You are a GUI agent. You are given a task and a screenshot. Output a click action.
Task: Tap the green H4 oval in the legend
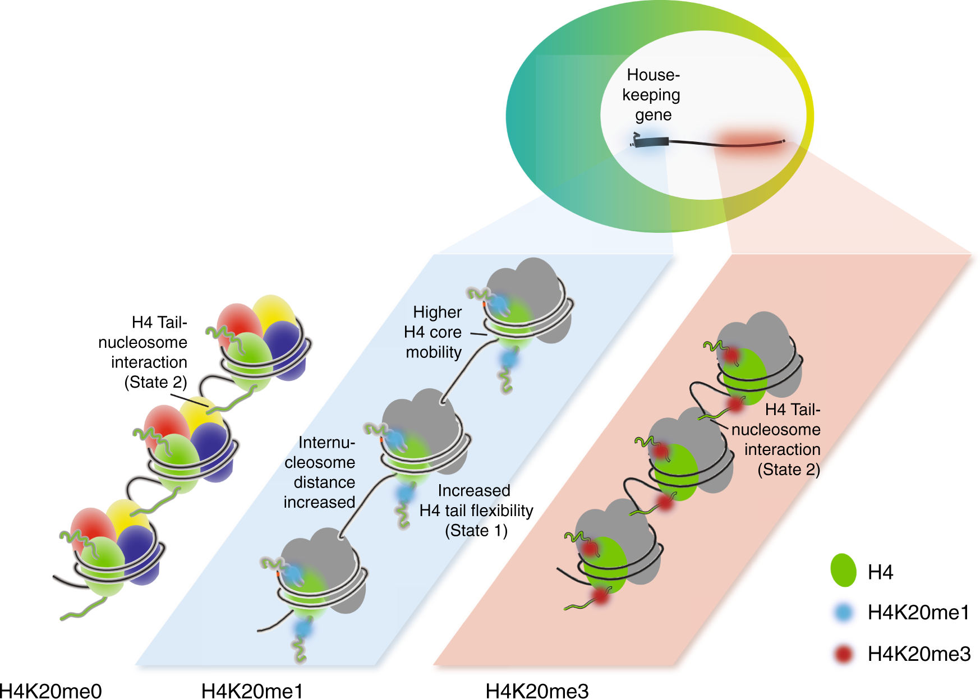pyautogui.click(x=843, y=571)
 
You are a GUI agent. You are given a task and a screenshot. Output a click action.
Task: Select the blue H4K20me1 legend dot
pyautogui.click(x=843, y=612)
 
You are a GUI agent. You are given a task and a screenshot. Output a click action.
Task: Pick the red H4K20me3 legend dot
pyautogui.click(x=843, y=654)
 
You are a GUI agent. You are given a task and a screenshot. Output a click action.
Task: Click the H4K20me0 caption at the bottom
pyautogui.click(x=50, y=691)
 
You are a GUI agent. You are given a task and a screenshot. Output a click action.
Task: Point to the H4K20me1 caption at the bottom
pyautogui.click(x=252, y=691)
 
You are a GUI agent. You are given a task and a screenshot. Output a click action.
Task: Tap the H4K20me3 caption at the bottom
pyautogui.click(x=537, y=691)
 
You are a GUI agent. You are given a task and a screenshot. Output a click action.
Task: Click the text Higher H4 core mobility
pyautogui.click(x=433, y=332)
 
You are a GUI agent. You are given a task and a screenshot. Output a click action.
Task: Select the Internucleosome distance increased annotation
pyautogui.click(x=320, y=472)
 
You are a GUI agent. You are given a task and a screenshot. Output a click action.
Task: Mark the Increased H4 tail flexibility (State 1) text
pyautogui.click(x=476, y=511)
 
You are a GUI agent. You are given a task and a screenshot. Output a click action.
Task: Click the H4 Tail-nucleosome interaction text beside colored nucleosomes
pyautogui.click(x=145, y=352)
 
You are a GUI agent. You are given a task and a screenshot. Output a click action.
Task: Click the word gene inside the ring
pyautogui.click(x=653, y=115)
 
